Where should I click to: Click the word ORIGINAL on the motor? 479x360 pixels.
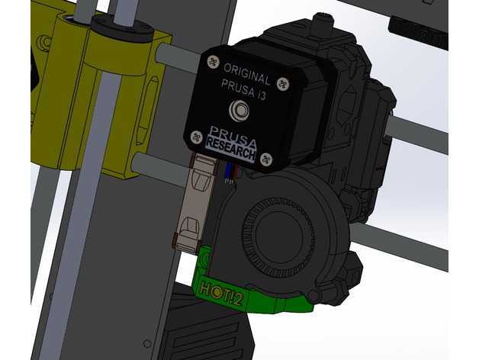[x=247, y=74]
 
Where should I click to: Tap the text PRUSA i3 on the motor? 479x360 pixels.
[x=243, y=89]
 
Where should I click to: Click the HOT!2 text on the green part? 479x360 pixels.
[x=221, y=294]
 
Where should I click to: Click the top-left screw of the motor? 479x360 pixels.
[x=214, y=62]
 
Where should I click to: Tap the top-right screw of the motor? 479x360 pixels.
[x=283, y=83]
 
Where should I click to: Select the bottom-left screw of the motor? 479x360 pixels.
[x=197, y=137]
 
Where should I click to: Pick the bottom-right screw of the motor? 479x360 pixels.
[x=266, y=159]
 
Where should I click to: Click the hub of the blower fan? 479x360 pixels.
[x=279, y=233]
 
